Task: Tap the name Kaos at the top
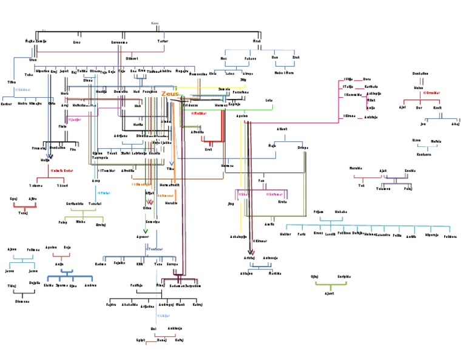155,24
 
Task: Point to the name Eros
76,42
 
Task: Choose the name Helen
419,87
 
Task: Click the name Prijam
318,212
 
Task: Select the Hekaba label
340,212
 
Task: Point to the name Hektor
285,233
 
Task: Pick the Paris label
302,233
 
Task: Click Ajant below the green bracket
329,293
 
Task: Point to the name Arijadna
147,307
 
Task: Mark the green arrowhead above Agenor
145,231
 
